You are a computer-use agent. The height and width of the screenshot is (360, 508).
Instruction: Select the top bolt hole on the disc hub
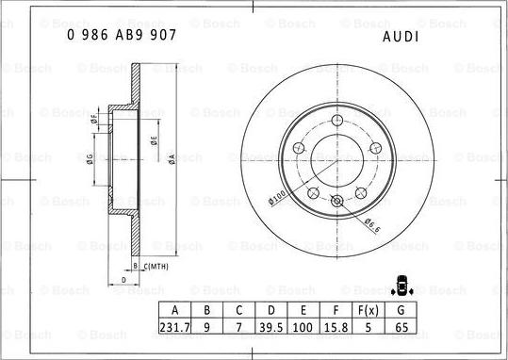click(337, 120)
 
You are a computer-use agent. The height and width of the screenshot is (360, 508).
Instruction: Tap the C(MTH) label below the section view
click(155, 267)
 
